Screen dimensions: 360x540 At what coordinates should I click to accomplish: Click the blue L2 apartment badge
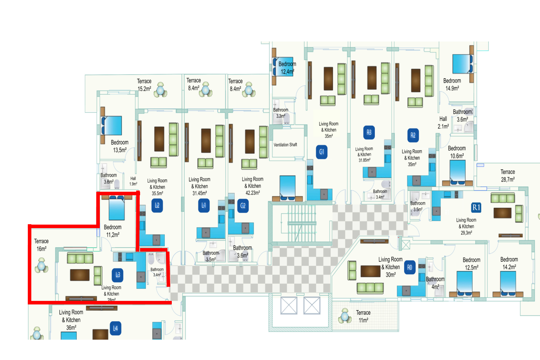click(x=157, y=205)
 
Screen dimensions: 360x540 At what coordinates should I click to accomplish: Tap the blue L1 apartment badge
click(x=204, y=205)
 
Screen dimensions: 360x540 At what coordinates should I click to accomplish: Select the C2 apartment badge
click(x=243, y=206)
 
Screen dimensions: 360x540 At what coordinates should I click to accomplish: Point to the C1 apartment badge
click(x=322, y=152)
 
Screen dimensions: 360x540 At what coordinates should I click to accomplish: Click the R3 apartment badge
click(x=369, y=133)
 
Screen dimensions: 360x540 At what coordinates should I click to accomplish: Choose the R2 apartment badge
click(x=413, y=135)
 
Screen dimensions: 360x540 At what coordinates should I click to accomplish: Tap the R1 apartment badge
click(x=476, y=207)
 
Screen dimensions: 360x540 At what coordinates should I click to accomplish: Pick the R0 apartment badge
click(x=409, y=268)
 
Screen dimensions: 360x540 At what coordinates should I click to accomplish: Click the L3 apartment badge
click(x=118, y=275)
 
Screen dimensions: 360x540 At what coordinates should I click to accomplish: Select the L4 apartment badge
click(x=115, y=329)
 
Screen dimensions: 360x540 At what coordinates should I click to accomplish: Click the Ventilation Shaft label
click(x=285, y=145)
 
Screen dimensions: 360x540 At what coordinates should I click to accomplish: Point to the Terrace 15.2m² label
click(x=144, y=85)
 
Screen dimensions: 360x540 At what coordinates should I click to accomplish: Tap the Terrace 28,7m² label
click(x=508, y=176)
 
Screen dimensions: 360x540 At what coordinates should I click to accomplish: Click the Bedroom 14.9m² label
click(x=452, y=85)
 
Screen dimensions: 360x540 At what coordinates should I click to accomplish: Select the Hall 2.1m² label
click(x=443, y=122)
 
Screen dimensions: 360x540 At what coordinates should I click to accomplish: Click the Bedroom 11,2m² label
click(x=113, y=231)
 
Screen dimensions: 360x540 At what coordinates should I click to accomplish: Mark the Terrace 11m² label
click(x=363, y=316)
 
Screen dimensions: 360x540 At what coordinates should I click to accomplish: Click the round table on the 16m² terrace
click(x=41, y=266)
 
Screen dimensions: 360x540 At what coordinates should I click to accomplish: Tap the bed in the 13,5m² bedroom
click(x=112, y=126)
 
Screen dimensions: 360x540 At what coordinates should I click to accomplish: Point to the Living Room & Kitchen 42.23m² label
click(x=252, y=186)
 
